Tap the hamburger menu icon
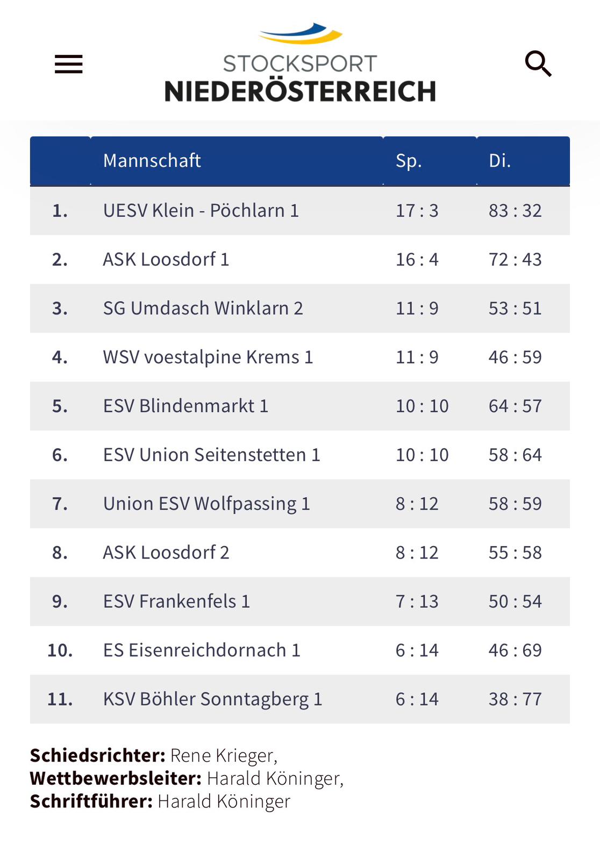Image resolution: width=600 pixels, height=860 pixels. click(x=69, y=64)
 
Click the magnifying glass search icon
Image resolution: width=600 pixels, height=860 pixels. click(x=538, y=64)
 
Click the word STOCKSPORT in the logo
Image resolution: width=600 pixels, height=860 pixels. click(x=300, y=63)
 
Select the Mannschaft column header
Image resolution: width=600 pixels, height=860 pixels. click(x=152, y=161)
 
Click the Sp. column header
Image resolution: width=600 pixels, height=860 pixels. click(x=409, y=161)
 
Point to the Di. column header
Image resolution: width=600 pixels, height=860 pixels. click(x=499, y=161)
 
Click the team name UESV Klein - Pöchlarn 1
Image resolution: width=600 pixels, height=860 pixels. click(x=201, y=211)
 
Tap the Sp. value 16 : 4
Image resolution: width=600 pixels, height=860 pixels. click(x=417, y=260)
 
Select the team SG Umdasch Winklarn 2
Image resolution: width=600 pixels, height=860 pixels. click(x=203, y=309)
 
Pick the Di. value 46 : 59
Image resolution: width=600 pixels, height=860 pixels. click(x=515, y=357)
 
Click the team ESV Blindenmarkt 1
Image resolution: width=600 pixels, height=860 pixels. click(x=185, y=406)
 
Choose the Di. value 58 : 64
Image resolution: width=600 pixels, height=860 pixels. click(x=515, y=455)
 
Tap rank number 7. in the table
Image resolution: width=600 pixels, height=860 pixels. click(x=60, y=504)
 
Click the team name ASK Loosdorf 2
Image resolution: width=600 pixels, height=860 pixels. click(x=166, y=553)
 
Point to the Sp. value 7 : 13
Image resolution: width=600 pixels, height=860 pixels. click(x=417, y=601)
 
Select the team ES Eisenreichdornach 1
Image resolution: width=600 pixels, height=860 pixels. click(x=202, y=650)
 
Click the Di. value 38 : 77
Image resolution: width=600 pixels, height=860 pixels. click(x=515, y=699)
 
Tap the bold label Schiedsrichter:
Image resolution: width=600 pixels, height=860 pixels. click(x=97, y=756)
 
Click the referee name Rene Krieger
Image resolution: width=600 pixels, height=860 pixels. click(x=223, y=756)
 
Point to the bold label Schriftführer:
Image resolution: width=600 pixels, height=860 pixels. click(x=91, y=801)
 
